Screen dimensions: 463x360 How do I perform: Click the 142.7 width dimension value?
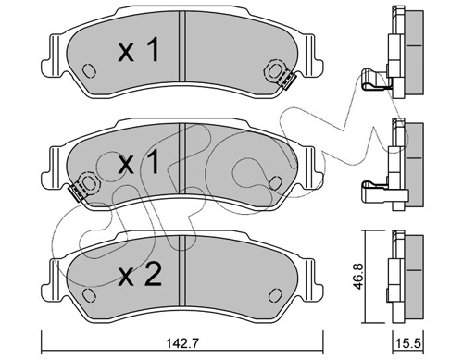pyautogui.click(x=183, y=343)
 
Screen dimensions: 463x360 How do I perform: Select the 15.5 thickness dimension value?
pyautogui.click(x=408, y=343)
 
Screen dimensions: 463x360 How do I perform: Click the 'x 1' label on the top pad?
pyautogui.click(x=139, y=50)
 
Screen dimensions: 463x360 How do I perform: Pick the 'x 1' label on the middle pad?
pyautogui.click(x=139, y=161)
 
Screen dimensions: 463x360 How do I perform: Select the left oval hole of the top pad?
pyautogui.click(x=89, y=70)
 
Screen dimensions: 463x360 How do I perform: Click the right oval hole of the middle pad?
pyautogui.click(x=275, y=183)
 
